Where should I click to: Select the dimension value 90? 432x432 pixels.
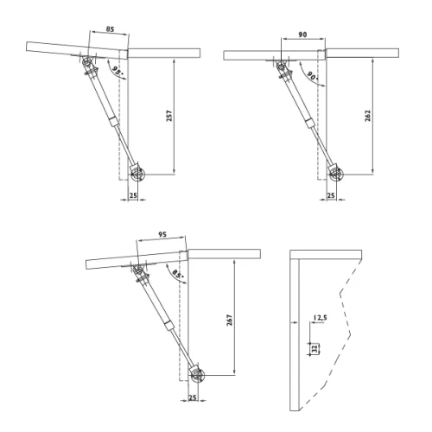(x=302, y=35)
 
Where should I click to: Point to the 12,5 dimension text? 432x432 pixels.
(x=321, y=319)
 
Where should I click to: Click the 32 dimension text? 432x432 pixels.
(x=314, y=348)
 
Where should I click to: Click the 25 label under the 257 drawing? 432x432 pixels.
(x=132, y=196)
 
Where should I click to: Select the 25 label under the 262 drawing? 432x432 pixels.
(x=331, y=196)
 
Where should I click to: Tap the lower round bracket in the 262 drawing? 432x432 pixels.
(x=335, y=175)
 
